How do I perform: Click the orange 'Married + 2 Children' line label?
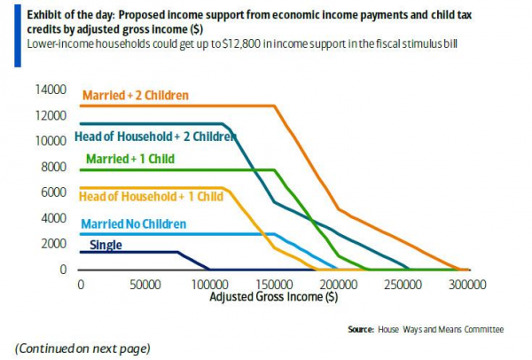click(x=136, y=96)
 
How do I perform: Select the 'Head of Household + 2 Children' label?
click(x=155, y=137)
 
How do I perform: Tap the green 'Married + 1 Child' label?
click(x=130, y=159)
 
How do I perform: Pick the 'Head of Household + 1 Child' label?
click(x=151, y=197)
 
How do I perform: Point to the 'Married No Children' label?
click(x=134, y=224)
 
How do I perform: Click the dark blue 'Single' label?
click(x=106, y=245)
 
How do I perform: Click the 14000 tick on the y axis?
click(x=51, y=90)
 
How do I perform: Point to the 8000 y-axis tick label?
click(x=53, y=167)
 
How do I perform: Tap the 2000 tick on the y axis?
click(x=53, y=244)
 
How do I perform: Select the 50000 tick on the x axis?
click(x=145, y=285)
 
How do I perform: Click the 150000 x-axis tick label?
click(x=274, y=285)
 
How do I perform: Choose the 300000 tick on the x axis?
click(x=467, y=285)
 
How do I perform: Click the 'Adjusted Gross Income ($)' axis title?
click(x=274, y=296)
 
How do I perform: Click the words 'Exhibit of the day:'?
click(x=71, y=15)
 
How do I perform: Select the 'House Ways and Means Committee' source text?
click(x=441, y=330)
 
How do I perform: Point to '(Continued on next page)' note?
click(x=82, y=348)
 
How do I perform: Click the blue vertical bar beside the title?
click(x=18, y=35)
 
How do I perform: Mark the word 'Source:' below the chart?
click(x=361, y=330)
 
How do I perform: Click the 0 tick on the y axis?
click(x=63, y=270)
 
